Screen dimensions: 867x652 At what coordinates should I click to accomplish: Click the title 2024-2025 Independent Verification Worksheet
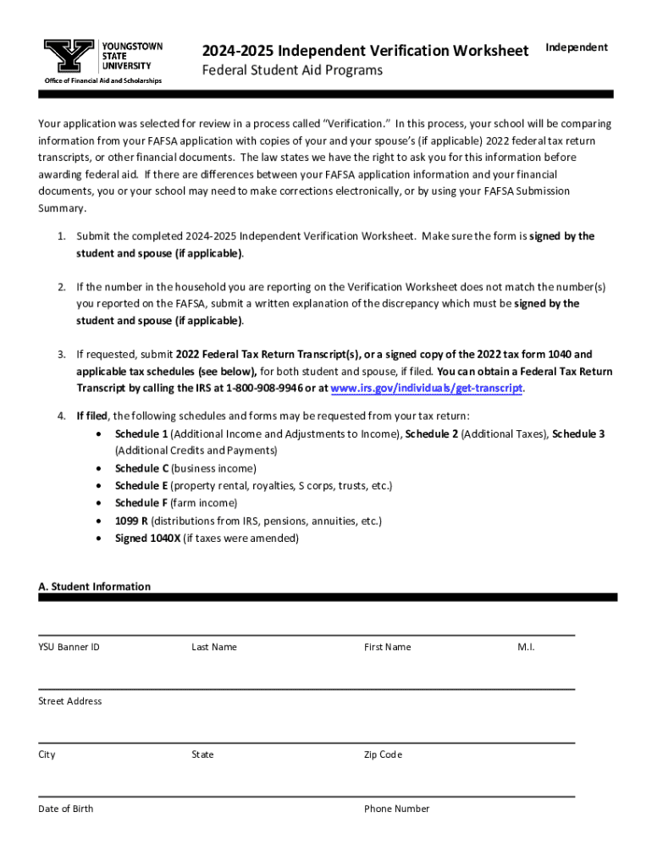tap(365, 51)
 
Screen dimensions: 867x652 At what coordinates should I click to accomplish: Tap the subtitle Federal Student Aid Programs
tap(291, 70)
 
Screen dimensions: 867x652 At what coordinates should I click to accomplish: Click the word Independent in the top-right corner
tap(576, 47)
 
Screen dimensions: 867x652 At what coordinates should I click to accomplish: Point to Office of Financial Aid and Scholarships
tap(102, 81)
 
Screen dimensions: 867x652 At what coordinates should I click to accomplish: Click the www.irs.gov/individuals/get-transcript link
tap(427, 389)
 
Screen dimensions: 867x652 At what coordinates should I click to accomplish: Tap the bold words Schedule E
tap(141, 486)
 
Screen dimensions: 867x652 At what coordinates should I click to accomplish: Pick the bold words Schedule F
tap(141, 503)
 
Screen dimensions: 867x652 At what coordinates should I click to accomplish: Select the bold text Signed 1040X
tap(147, 538)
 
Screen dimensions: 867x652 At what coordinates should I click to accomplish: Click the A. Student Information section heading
tap(95, 587)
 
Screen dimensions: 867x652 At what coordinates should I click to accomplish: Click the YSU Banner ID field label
tap(69, 647)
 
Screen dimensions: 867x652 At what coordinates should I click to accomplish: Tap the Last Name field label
tap(214, 647)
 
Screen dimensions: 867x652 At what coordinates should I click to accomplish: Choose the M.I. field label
tap(526, 647)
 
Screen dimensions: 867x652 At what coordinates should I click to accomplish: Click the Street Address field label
tap(69, 701)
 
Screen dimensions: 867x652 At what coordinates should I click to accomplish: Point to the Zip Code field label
tap(383, 754)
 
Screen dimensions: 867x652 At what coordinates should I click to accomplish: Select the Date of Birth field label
tap(65, 809)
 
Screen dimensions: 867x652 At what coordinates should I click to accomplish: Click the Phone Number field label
tap(396, 809)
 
